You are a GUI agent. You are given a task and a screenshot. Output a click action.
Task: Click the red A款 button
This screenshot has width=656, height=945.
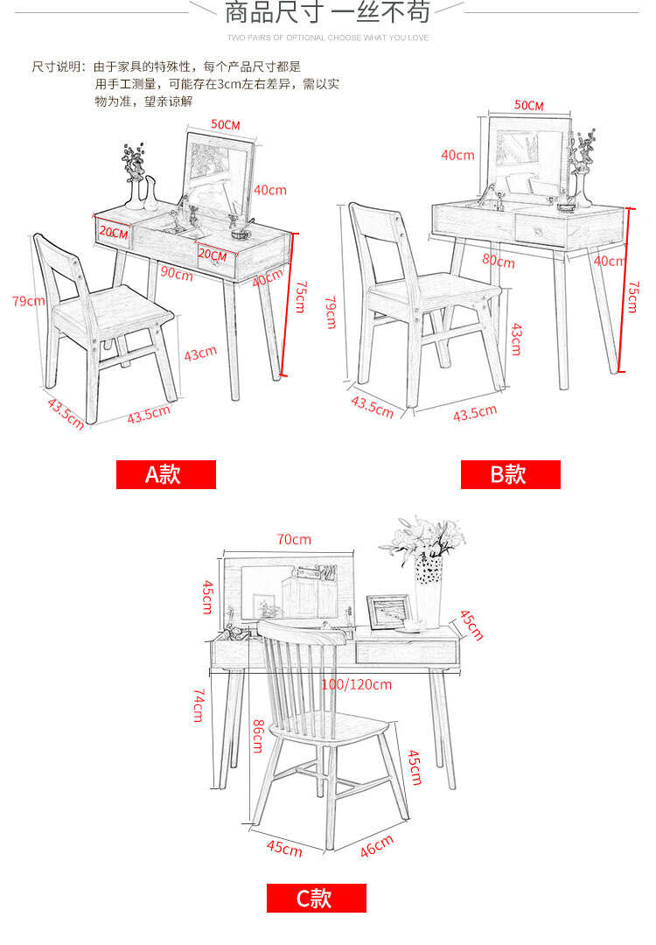pos(165,474)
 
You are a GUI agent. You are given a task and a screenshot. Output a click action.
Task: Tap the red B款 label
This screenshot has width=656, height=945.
pos(510,474)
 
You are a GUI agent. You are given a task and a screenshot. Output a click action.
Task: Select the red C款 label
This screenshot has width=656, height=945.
pos(317,898)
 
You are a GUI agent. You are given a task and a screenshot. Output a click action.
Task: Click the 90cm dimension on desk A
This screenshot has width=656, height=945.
pos(177,273)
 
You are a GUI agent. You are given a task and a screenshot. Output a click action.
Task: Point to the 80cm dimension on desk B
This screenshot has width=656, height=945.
pos(499,261)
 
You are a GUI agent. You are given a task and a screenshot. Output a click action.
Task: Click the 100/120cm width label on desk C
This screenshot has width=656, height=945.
pos(357,684)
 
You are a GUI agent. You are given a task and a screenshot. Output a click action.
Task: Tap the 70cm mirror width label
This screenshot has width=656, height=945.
pos(294,539)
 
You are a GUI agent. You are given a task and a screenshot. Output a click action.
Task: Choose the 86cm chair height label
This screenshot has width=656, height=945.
pos(258,736)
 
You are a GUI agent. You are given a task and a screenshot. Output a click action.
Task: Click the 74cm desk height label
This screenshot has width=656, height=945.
pos(199,706)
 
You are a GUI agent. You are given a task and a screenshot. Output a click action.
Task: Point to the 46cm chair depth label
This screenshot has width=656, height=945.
pos(376,845)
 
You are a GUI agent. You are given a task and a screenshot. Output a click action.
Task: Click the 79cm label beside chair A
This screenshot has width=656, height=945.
pos(28,300)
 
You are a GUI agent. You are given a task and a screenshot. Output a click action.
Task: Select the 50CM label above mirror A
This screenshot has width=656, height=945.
pos(226,125)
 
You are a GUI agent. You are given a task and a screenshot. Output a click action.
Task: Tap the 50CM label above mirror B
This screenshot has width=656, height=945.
pos(528,106)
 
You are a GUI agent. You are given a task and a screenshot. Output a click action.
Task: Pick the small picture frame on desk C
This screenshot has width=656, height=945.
pos(389,611)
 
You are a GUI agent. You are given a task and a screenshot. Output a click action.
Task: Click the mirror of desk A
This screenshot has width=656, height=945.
pos(220,171)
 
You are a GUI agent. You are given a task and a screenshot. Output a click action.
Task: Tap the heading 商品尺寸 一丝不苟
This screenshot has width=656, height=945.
pos(328,12)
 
